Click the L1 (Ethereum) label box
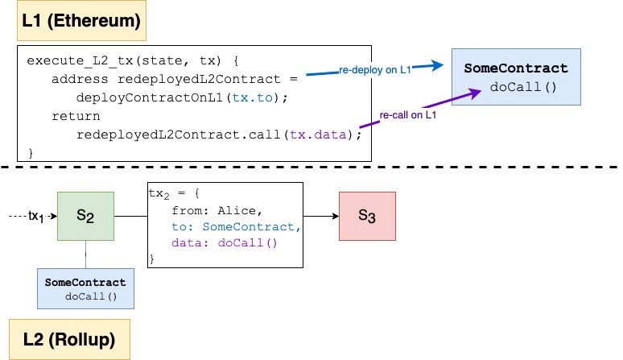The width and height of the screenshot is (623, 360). coord(81,20)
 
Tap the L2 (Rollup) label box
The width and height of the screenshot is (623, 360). coord(69,339)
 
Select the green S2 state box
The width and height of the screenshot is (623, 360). coord(85,216)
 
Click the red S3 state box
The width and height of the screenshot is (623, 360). coord(367,216)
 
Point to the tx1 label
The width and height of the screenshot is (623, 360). coord(35,217)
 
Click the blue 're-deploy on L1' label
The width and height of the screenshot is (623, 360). coord(374,70)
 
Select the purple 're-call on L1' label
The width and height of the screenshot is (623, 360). coord(407,115)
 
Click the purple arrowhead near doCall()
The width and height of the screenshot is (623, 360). coord(475,93)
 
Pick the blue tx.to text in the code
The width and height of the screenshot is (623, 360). coord(252,97)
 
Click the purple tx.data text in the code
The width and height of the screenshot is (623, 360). coord(318,134)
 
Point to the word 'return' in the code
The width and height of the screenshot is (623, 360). coord(76,116)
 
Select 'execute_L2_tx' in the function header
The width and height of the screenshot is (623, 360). coord(80,60)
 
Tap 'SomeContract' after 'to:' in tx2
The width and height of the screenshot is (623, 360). coord(249,226)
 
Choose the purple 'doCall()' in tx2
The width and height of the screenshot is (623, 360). coord(247,242)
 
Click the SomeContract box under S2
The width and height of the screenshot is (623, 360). coord(85,288)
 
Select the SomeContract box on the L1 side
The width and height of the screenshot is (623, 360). coord(516,77)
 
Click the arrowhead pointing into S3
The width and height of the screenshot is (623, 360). coord(336,216)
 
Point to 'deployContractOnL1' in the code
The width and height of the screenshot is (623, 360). coord(150,97)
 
